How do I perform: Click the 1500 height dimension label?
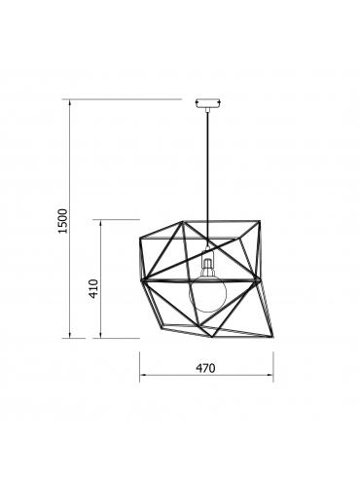(x=62, y=221)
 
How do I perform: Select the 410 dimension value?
(x=93, y=289)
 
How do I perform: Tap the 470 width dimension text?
(x=205, y=368)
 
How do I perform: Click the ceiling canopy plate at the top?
(x=208, y=102)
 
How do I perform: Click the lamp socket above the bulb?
(x=207, y=261)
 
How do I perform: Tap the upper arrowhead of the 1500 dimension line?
(x=69, y=103)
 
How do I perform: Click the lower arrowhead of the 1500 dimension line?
(x=69, y=334)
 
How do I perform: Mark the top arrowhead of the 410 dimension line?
(x=101, y=224)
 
